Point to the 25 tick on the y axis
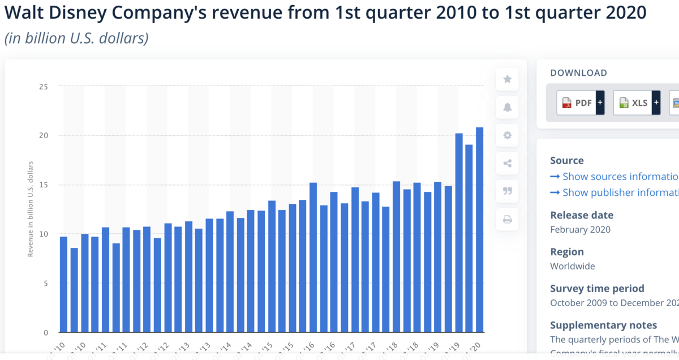(44, 87)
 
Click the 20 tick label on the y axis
(44, 136)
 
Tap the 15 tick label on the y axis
(44, 185)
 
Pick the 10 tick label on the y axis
(44, 234)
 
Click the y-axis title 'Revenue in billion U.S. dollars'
(31, 209)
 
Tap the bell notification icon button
(508, 108)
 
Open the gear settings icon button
(508, 135)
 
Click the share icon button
(508, 164)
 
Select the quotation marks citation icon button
(508, 191)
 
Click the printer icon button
(508, 219)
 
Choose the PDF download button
(581, 102)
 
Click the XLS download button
(637, 102)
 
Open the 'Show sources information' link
(614, 177)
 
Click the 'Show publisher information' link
(614, 192)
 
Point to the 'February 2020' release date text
(580, 230)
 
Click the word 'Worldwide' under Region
(573, 266)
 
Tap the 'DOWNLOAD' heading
(578, 73)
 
